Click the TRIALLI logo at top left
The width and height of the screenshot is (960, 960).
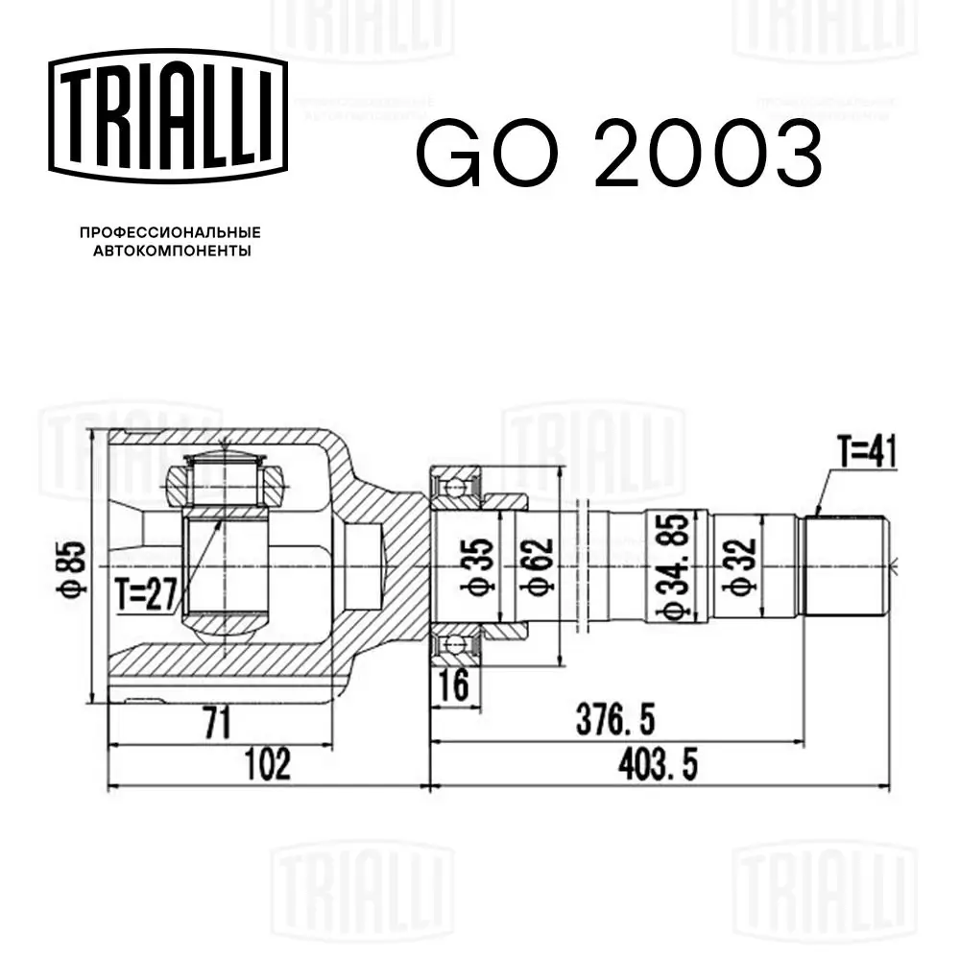coord(168,112)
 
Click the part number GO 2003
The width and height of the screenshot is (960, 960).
coord(618,154)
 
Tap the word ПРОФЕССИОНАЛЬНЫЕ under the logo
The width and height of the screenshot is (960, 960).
coord(170,232)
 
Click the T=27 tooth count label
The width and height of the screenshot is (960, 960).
coord(146,594)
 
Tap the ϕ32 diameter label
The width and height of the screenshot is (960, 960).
coord(742,566)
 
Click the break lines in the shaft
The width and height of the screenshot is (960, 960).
coord(579,566)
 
